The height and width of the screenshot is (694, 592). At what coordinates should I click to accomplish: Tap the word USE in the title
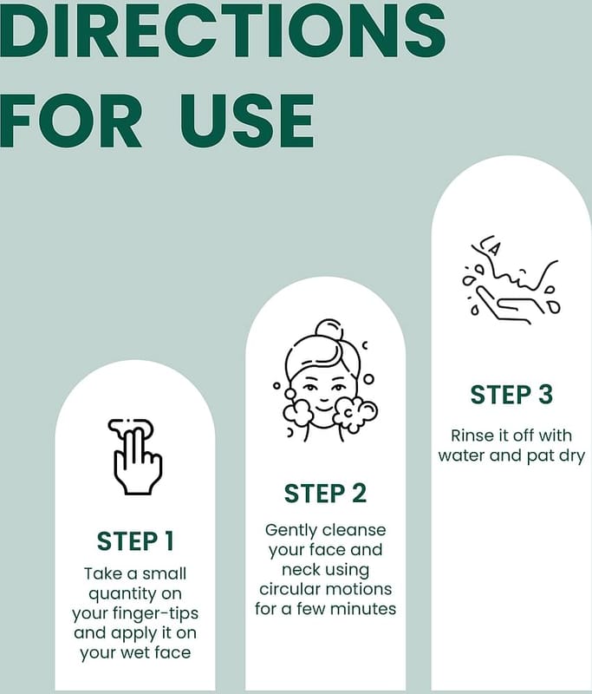pyautogui.click(x=247, y=121)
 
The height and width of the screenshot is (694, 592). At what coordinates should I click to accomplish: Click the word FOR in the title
pyautogui.click(x=71, y=121)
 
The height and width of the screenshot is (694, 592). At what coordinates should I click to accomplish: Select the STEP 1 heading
pyautogui.click(x=135, y=541)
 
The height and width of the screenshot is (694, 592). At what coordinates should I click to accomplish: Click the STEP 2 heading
pyautogui.click(x=325, y=494)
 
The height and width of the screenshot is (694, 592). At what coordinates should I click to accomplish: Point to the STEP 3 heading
pyautogui.click(x=511, y=395)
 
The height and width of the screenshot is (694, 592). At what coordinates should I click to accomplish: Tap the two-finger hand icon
pyautogui.click(x=135, y=456)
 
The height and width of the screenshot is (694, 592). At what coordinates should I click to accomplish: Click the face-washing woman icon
pyautogui.click(x=325, y=380)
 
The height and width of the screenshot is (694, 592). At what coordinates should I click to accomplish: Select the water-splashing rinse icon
pyautogui.click(x=511, y=279)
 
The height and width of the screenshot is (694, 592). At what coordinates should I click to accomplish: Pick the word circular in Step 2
pyautogui.click(x=288, y=589)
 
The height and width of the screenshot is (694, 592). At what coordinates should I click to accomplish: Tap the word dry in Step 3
pyautogui.click(x=572, y=456)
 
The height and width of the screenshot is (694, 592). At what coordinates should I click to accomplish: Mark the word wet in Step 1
pyautogui.click(x=137, y=653)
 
